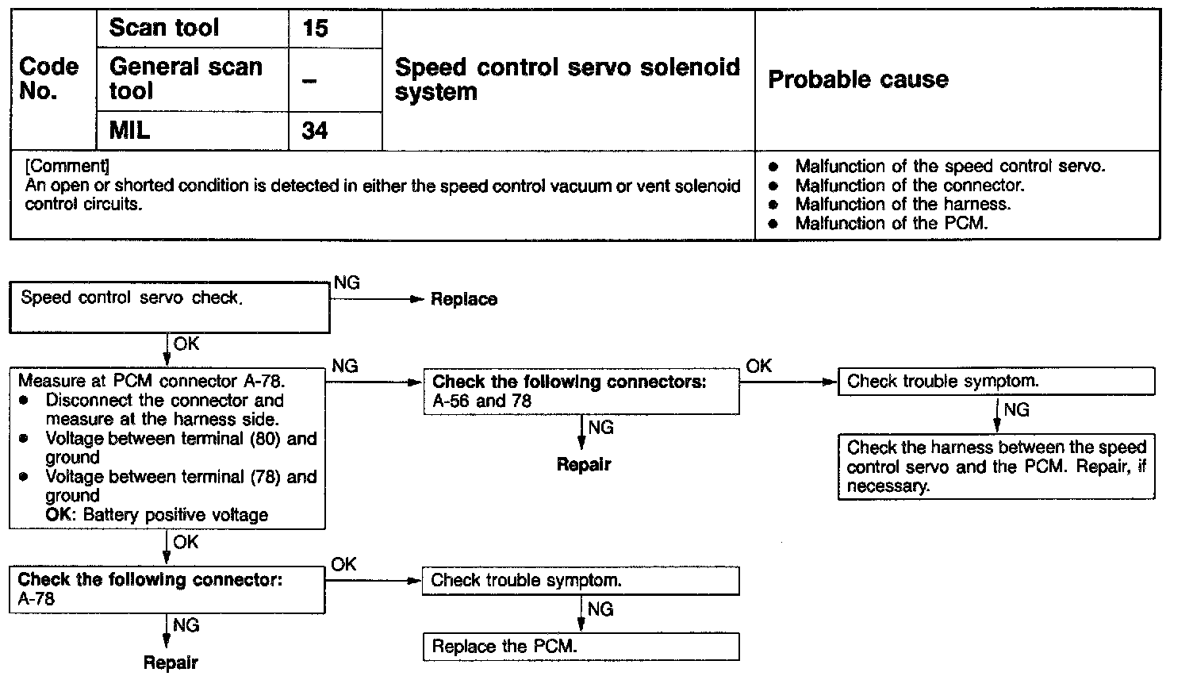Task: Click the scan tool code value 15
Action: (x=315, y=29)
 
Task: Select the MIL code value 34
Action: (x=315, y=130)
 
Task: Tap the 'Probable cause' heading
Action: (x=858, y=79)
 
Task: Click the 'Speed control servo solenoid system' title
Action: (x=567, y=79)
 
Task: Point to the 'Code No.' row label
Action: (x=49, y=79)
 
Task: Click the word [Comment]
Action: (x=67, y=167)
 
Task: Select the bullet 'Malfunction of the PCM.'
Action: (x=892, y=224)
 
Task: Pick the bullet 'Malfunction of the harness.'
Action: (x=903, y=205)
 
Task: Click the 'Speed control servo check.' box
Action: (x=169, y=309)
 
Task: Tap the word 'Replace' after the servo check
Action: (x=464, y=300)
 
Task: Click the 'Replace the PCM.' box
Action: (x=581, y=647)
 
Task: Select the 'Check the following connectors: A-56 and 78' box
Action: (x=581, y=391)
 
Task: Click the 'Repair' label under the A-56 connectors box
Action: (x=584, y=465)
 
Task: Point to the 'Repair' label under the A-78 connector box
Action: (x=171, y=663)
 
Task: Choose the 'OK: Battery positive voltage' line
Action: (x=157, y=515)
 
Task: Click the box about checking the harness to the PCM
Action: (x=996, y=467)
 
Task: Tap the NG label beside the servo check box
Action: (x=347, y=283)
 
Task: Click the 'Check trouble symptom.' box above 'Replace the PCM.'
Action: (x=581, y=581)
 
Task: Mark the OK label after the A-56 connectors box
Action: (x=759, y=366)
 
